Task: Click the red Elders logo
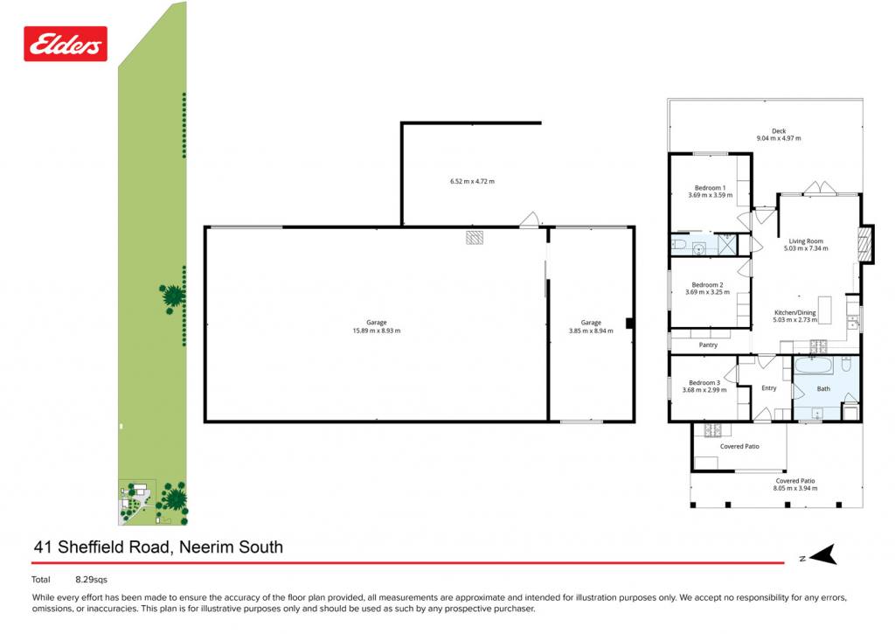65,44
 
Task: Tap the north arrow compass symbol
822,554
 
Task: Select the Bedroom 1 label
710,188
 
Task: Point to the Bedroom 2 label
707,285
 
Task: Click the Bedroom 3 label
704,383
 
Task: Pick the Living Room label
806,241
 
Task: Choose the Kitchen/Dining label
795,312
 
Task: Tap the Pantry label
708,345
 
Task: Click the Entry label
769,387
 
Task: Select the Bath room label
823,388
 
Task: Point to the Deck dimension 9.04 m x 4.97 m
779,138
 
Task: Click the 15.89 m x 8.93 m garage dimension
377,331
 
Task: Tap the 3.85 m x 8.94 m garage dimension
591,331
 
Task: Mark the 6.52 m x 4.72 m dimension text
472,182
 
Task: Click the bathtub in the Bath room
815,365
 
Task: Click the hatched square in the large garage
475,237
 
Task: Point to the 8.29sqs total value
91,579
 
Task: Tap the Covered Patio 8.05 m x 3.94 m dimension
795,488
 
